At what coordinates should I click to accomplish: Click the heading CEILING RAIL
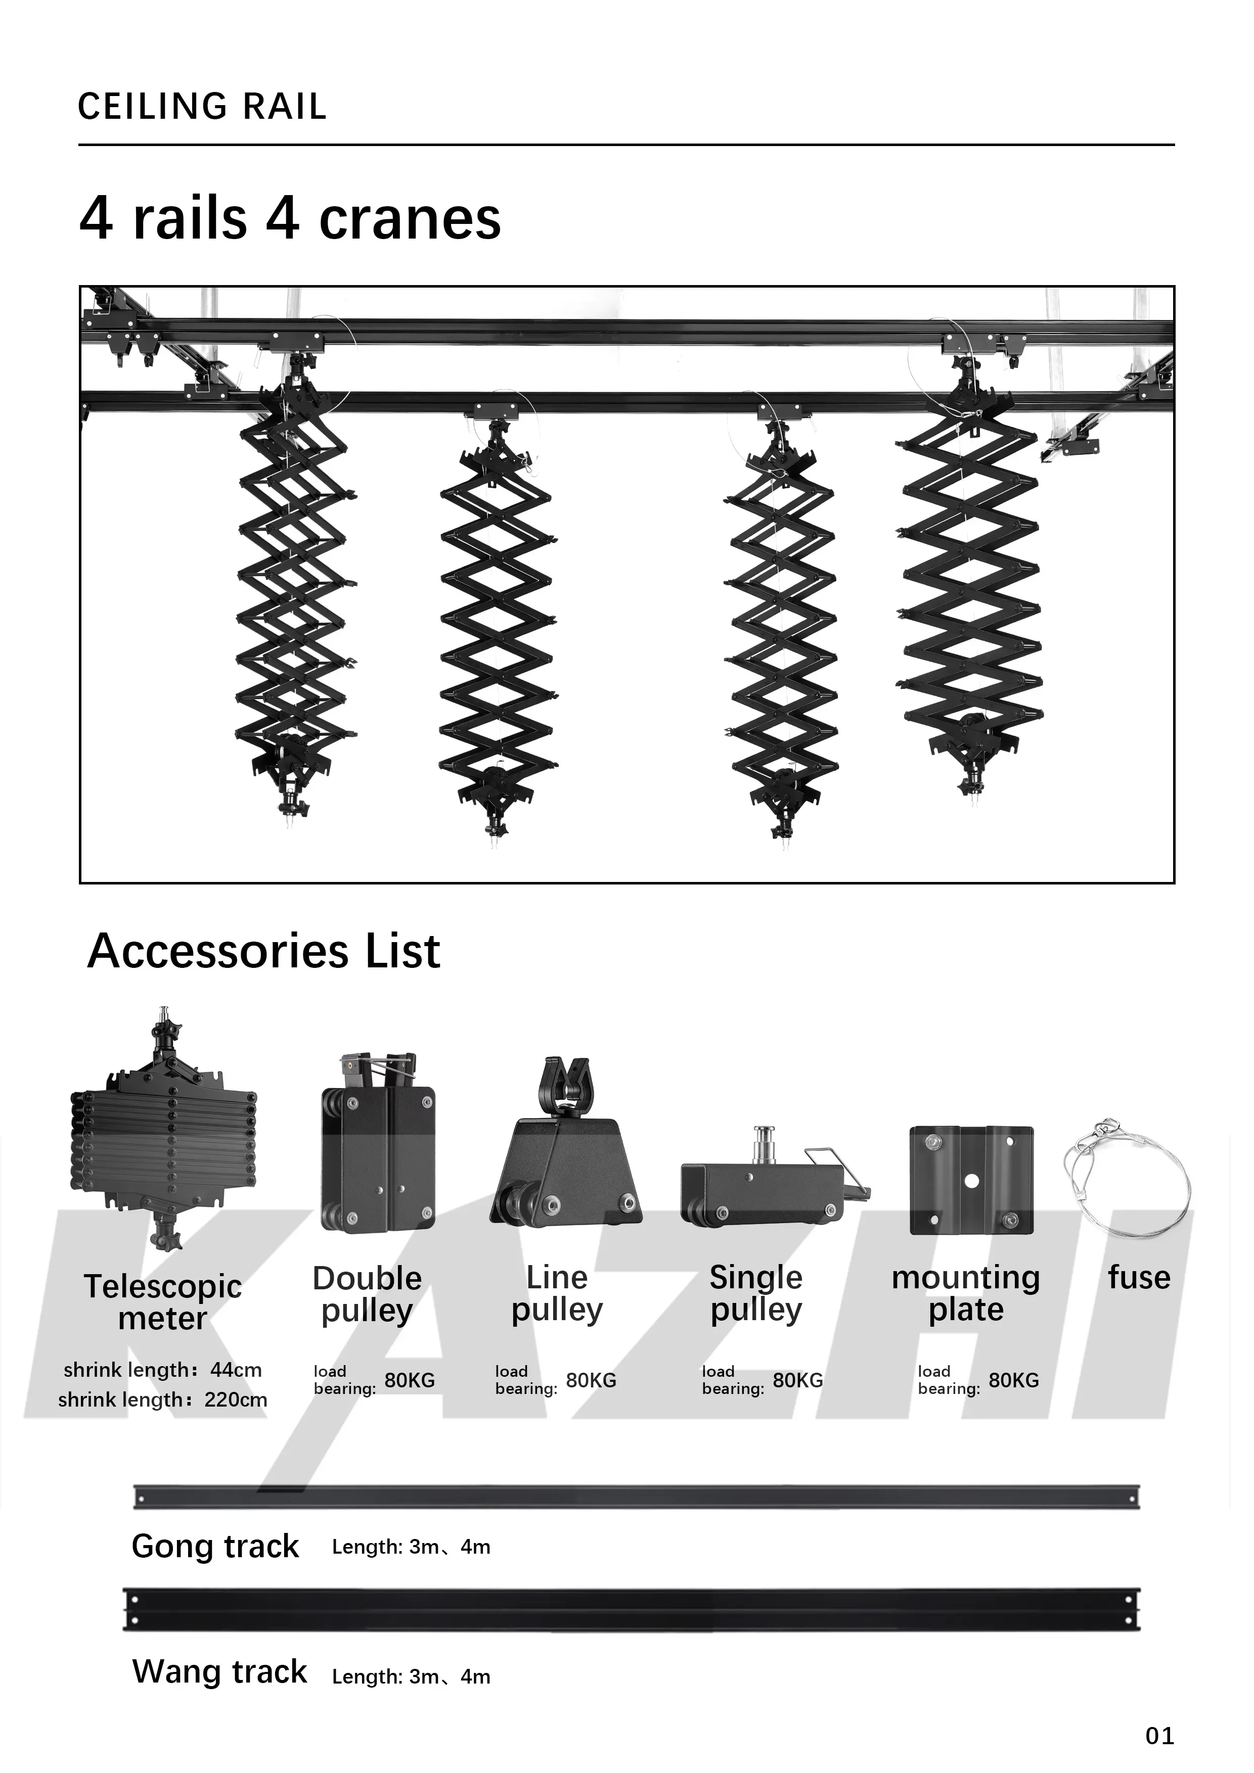tap(202, 107)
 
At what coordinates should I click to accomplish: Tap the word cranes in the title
tap(410, 219)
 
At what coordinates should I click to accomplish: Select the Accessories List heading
tap(263, 951)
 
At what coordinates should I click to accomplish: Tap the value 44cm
tap(236, 1370)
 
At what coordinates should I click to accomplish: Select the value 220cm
tap(236, 1400)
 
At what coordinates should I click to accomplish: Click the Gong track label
tap(215, 1546)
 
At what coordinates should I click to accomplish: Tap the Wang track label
tap(219, 1671)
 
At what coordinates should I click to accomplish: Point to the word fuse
tap(1139, 1277)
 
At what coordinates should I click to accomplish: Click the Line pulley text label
tap(557, 1293)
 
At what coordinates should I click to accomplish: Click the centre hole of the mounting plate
tap(971, 1182)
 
